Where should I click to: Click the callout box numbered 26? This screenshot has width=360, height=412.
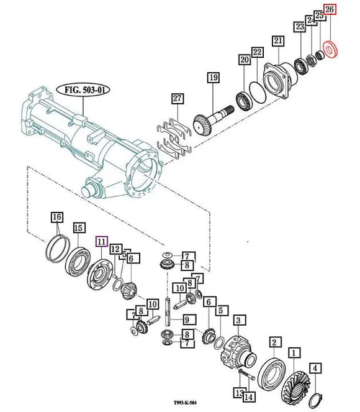click(x=329, y=9)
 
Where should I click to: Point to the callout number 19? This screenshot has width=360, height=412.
click(x=213, y=78)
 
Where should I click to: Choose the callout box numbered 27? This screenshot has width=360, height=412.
click(x=178, y=98)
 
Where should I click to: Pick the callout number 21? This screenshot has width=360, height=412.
click(x=278, y=42)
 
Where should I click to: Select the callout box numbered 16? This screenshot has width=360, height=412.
click(x=56, y=217)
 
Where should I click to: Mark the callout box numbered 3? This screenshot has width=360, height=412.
click(x=236, y=321)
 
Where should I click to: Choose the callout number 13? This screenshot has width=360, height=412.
click(x=239, y=391)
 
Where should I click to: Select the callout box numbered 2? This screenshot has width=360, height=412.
click(x=273, y=342)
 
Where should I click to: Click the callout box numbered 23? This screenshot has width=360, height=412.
click(x=300, y=27)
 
